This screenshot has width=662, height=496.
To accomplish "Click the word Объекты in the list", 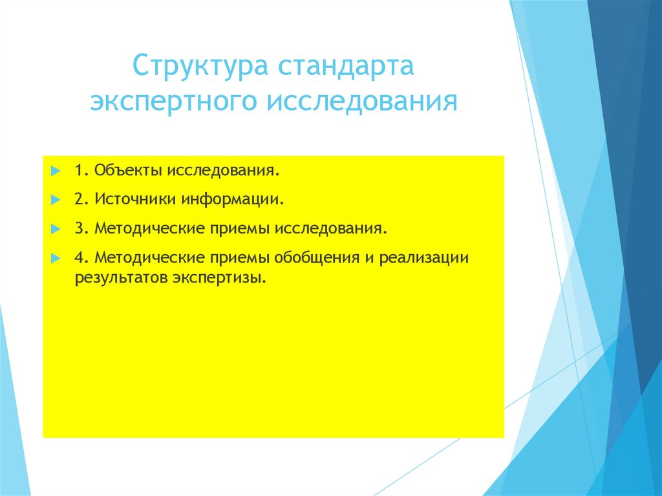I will (x=129, y=171).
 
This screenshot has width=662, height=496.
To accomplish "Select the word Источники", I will (x=134, y=200).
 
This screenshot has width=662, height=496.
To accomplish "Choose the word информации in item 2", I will (x=232, y=200).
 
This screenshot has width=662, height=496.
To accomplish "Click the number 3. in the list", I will (x=80, y=229).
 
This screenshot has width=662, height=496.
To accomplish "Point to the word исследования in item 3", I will (x=332, y=229).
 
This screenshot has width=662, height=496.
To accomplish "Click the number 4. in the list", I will (x=80, y=257).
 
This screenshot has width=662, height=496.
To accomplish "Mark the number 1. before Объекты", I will (x=80, y=171).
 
